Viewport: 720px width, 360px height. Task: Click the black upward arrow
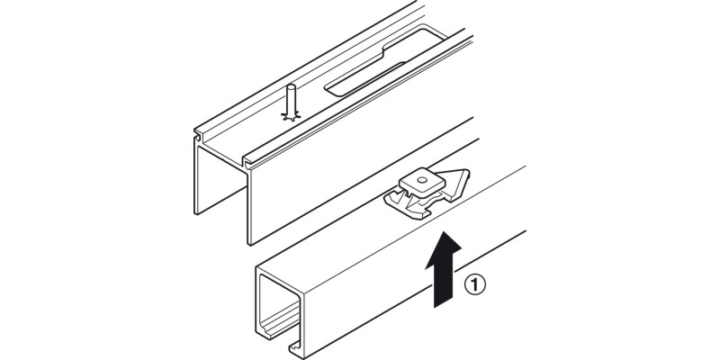tap(444, 269)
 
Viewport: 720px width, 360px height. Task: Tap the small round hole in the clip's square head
tap(422, 176)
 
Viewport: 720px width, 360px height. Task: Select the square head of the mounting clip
tap(422, 182)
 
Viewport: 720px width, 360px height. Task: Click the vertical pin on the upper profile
tap(290, 103)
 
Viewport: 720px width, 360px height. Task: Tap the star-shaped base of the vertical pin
tap(291, 116)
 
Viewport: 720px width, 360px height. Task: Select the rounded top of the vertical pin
tap(290, 86)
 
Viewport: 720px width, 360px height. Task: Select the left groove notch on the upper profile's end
tap(198, 137)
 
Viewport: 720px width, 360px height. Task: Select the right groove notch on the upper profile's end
tap(247, 162)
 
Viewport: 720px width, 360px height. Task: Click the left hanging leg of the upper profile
tap(197, 176)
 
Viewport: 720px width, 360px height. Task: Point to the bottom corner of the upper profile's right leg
tap(250, 244)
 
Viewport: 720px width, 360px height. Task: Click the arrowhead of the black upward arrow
tap(444, 249)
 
